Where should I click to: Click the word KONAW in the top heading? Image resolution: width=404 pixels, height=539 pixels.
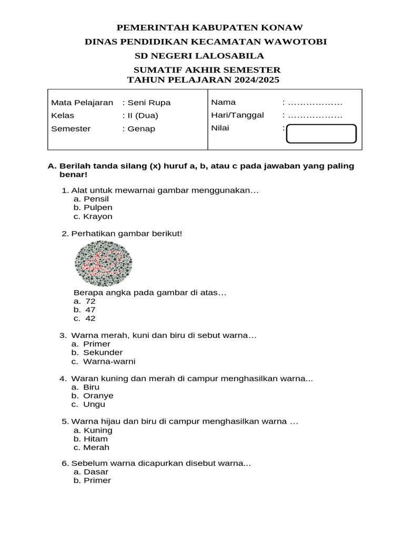(x=284, y=28)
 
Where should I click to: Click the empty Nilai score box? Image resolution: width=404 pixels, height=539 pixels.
(x=321, y=134)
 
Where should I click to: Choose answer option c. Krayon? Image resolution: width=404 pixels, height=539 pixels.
(x=93, y=216)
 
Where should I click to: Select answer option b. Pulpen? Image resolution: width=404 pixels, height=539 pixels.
(x=93, y=208)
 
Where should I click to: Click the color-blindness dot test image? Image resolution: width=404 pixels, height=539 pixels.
(x=104, y=263)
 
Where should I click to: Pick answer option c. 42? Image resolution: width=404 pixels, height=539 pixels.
(x=85, y=318)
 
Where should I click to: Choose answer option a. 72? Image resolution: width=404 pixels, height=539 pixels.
(x=85, y=301)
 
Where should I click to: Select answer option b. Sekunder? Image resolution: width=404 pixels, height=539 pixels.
(x=97, y=352)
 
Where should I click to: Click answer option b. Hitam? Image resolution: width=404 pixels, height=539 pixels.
(x=91, y=438)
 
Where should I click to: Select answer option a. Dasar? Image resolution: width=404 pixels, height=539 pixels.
(x=91, y=472)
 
